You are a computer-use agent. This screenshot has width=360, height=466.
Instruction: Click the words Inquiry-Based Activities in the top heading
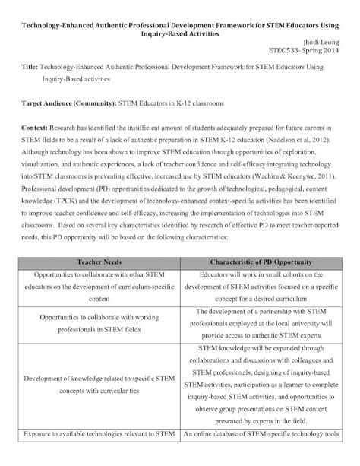[x=179, y=34]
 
